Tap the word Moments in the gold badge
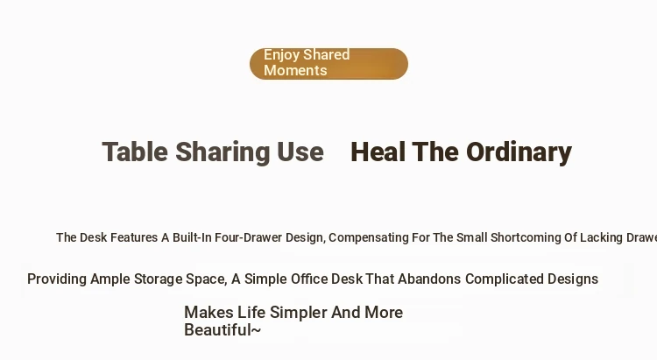[295, 70]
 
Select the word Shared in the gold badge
[327, 54]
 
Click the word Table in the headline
[135, 152]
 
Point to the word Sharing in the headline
[223, 152]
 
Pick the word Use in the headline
[300, 152]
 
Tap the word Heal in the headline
[378, 152]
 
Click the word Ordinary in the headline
[519, 152]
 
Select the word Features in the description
[134, 237]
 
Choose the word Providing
[57, 279]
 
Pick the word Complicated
[504, 279]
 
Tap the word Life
[251, 313]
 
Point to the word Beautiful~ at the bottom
[223, 330]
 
